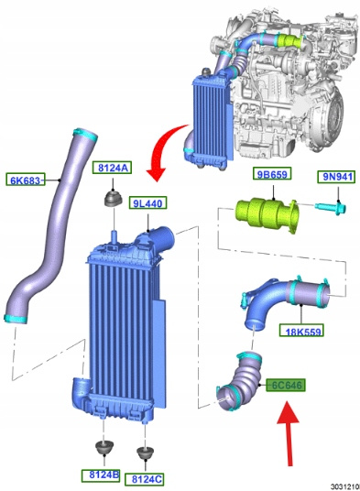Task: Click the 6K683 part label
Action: (x=26, y=180)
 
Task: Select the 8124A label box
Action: (x=113, y=168)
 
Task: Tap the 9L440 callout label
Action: (x=147, y=203)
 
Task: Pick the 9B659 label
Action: (x=272, y=174)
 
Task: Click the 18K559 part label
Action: (x=301, y=330)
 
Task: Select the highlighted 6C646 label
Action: (x=286, y=385)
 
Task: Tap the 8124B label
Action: (x=101, y=475)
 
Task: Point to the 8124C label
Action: (x=145, y=479)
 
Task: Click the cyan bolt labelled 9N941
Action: (x=330, y=207)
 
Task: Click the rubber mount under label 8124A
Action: (x=114, y=198)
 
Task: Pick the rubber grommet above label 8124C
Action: (x=146, y=453)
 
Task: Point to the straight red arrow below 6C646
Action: (x=289, y=432)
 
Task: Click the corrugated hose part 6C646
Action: (x=241, y=381)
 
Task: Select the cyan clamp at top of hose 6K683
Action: (x=85, y=134)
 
